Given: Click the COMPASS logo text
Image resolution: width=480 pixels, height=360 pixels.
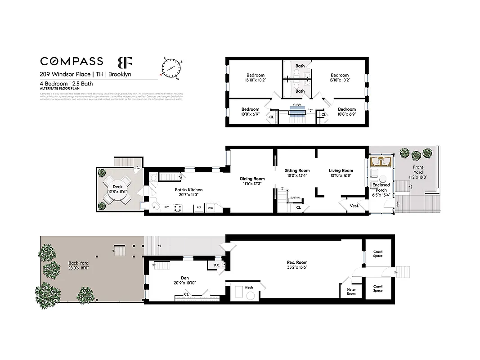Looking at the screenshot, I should coord(72,61).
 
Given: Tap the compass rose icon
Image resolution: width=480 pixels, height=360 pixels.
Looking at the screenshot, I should coord(170,68).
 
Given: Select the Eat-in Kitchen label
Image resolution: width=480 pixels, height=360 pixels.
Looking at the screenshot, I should coord(188,190).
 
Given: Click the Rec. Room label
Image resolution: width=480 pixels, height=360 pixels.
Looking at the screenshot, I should coord(297,262).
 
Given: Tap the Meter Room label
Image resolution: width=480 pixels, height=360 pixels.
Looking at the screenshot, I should coord(351,292).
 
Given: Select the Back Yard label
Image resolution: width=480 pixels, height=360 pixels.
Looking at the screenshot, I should coord(78,263).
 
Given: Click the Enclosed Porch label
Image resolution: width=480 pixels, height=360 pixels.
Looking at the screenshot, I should coord(381,187).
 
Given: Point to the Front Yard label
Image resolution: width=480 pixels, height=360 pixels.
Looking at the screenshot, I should coord(418,167).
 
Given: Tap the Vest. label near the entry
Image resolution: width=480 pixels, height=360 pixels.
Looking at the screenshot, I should coord(354,206).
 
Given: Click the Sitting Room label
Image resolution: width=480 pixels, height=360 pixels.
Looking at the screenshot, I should coord(297,171).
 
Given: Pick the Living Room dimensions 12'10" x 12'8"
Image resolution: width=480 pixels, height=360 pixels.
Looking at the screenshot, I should coord(341,175).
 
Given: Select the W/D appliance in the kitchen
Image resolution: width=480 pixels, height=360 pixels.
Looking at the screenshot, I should coord(211,208).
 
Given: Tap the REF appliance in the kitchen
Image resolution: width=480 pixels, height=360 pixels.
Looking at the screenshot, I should coord(198,208).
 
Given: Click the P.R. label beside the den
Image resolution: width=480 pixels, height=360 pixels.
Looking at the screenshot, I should coord(216,265).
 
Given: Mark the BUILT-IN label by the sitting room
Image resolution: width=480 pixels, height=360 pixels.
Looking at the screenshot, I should coord(295,198).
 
